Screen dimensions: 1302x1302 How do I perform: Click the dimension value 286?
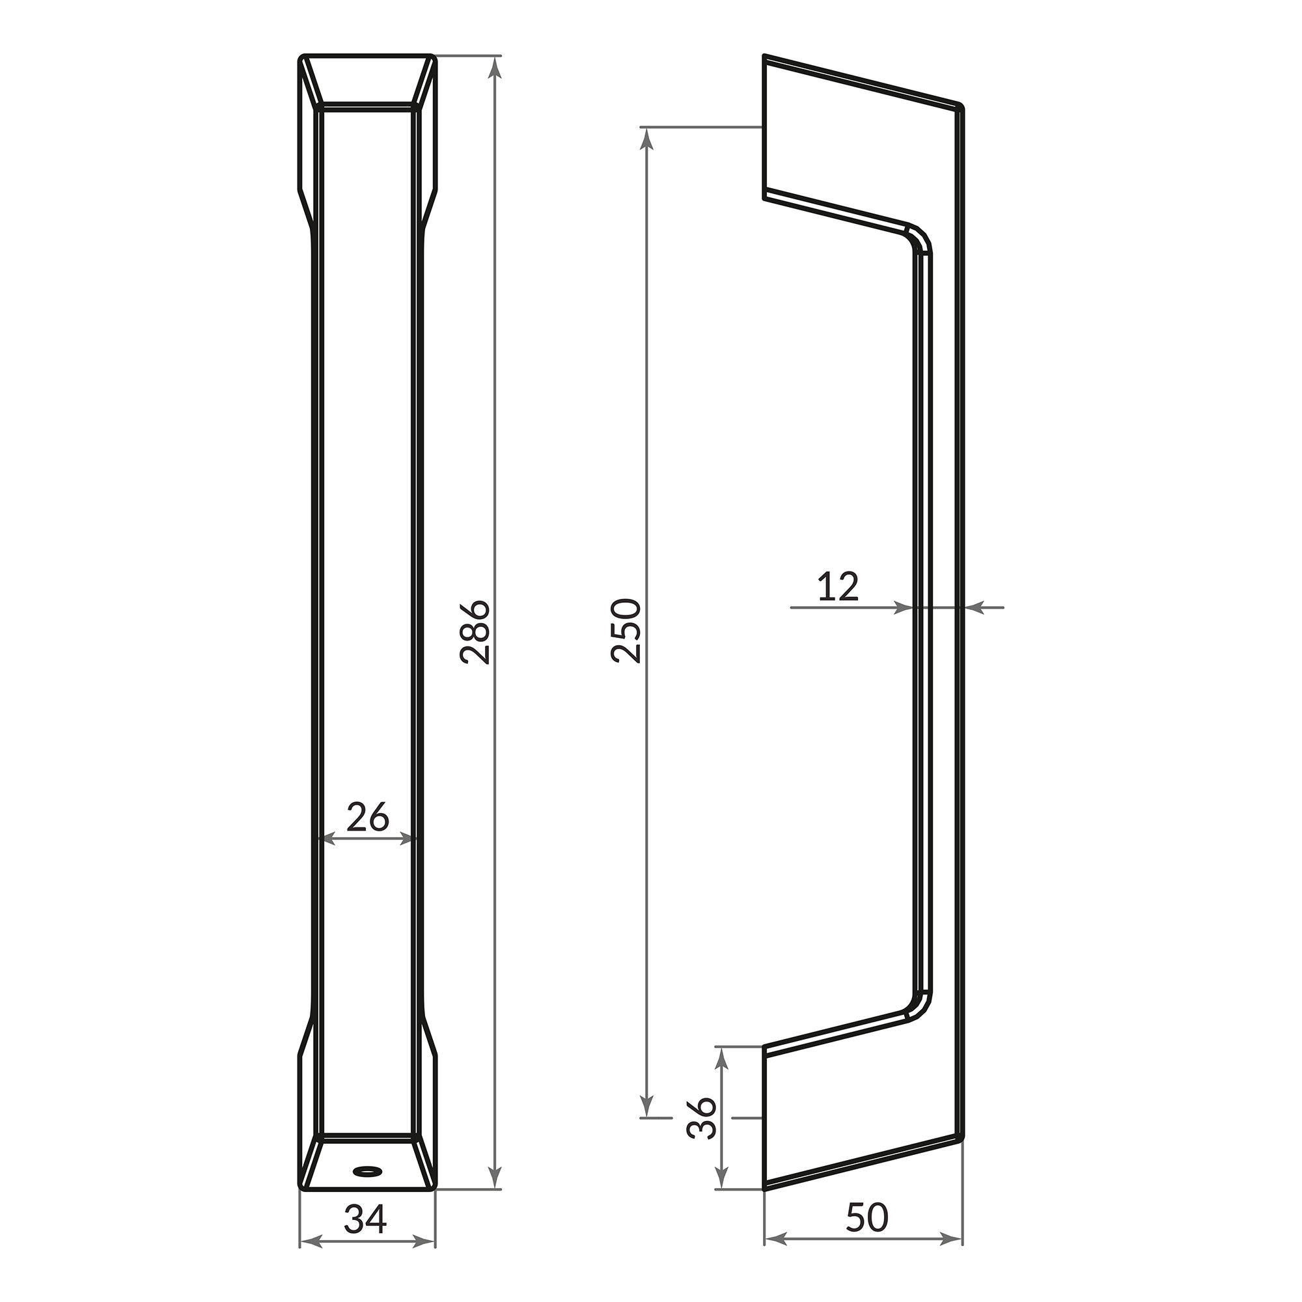[x=475, y=631]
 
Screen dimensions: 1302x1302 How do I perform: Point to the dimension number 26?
[x=368, y=817]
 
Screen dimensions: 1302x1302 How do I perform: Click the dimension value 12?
[x=838, y=587]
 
